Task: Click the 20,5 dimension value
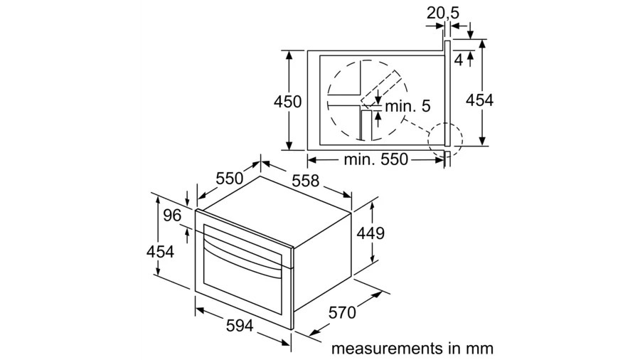[443, 13]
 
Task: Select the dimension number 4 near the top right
[459, 60]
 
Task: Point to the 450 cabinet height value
[288, 102]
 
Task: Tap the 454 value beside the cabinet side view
[479, 100]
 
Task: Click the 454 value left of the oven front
[160, 251]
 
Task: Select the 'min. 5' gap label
[407, 106]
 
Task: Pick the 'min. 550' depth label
[376, 159]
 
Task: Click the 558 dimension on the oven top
[305, 181]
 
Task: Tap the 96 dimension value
[172, 215]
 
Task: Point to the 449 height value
[370, 233]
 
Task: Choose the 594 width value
[240, 325]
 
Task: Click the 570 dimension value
[342, 312]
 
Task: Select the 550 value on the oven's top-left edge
[230, 179]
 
